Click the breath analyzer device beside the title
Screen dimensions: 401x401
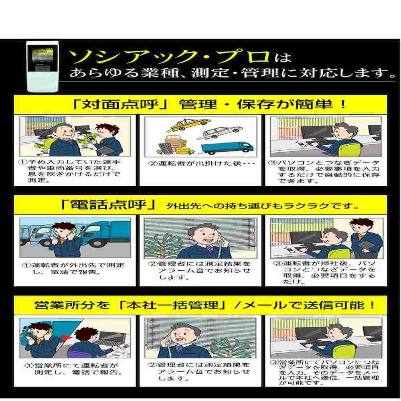pyautogui.click(x=43, y=66)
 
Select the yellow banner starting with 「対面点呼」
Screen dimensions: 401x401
pyautogui.click(x=200, y=104)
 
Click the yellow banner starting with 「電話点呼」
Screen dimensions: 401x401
pyautogui.click(x=200, y=205)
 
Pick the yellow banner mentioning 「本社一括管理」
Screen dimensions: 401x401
pyautogui.click(x=200, y=305)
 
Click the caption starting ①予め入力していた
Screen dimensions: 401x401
pyautogui.click(x=69, y=171)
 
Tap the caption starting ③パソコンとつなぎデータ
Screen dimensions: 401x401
pyautogui.click(x=324, y=172)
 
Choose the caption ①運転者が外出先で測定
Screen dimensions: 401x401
pyautogui.click(x=74, y=269)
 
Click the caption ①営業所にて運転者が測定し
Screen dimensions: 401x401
pyautogui.click(x=74, y=369)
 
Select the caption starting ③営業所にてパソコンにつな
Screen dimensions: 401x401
pyautogui.click(x=325, y=372)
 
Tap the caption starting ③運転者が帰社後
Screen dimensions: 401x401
pyautogui.click(x=324, y=272)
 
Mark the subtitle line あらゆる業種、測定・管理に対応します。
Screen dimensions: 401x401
pyautogui.click(x=232, y=73)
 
